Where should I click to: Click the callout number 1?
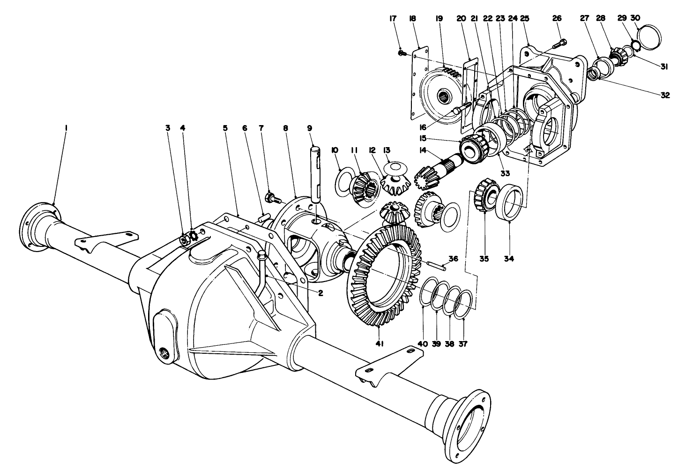click(x=66, y=127)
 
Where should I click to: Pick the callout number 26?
click(x=556, y=18)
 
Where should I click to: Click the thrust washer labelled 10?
click(x=343, y=179)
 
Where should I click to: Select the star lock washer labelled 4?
click(x=193, y=234)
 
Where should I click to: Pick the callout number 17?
click(x=392, y=18)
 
